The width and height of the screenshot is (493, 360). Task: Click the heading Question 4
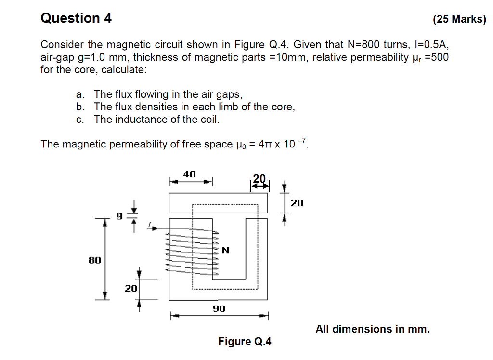tap(76, 18)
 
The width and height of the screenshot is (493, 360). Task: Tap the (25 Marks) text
tap(459, 20)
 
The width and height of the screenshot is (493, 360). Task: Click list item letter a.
tap(78, 94)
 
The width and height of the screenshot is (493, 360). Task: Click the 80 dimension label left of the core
tap(95, 260)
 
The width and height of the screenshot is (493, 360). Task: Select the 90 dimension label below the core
tap(219, 308)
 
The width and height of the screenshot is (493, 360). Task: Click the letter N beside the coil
tap(226, 251)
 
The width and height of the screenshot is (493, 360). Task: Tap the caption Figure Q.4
tap(245, 342)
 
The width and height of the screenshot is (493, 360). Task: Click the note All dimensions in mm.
tap(372, 329)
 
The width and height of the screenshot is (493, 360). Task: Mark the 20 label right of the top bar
tap(297, 203)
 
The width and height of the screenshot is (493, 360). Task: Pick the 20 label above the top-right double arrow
tap(259, 178)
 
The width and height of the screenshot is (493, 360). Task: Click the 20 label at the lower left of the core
tap(131, 289)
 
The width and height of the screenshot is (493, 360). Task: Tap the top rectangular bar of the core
tap(218, 203)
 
